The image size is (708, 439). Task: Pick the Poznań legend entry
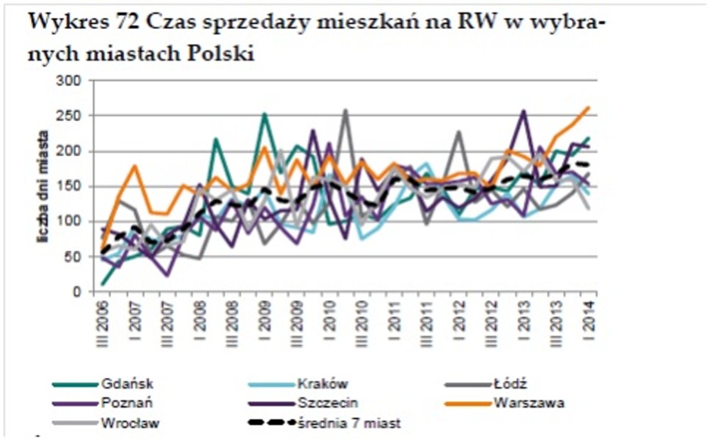coord(127,403)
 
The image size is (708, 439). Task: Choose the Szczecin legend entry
coord(328,403)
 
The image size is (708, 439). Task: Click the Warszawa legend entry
coord(529,403)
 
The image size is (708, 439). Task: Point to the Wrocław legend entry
coord(131,423)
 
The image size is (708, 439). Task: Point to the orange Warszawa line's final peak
coord(588,108)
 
